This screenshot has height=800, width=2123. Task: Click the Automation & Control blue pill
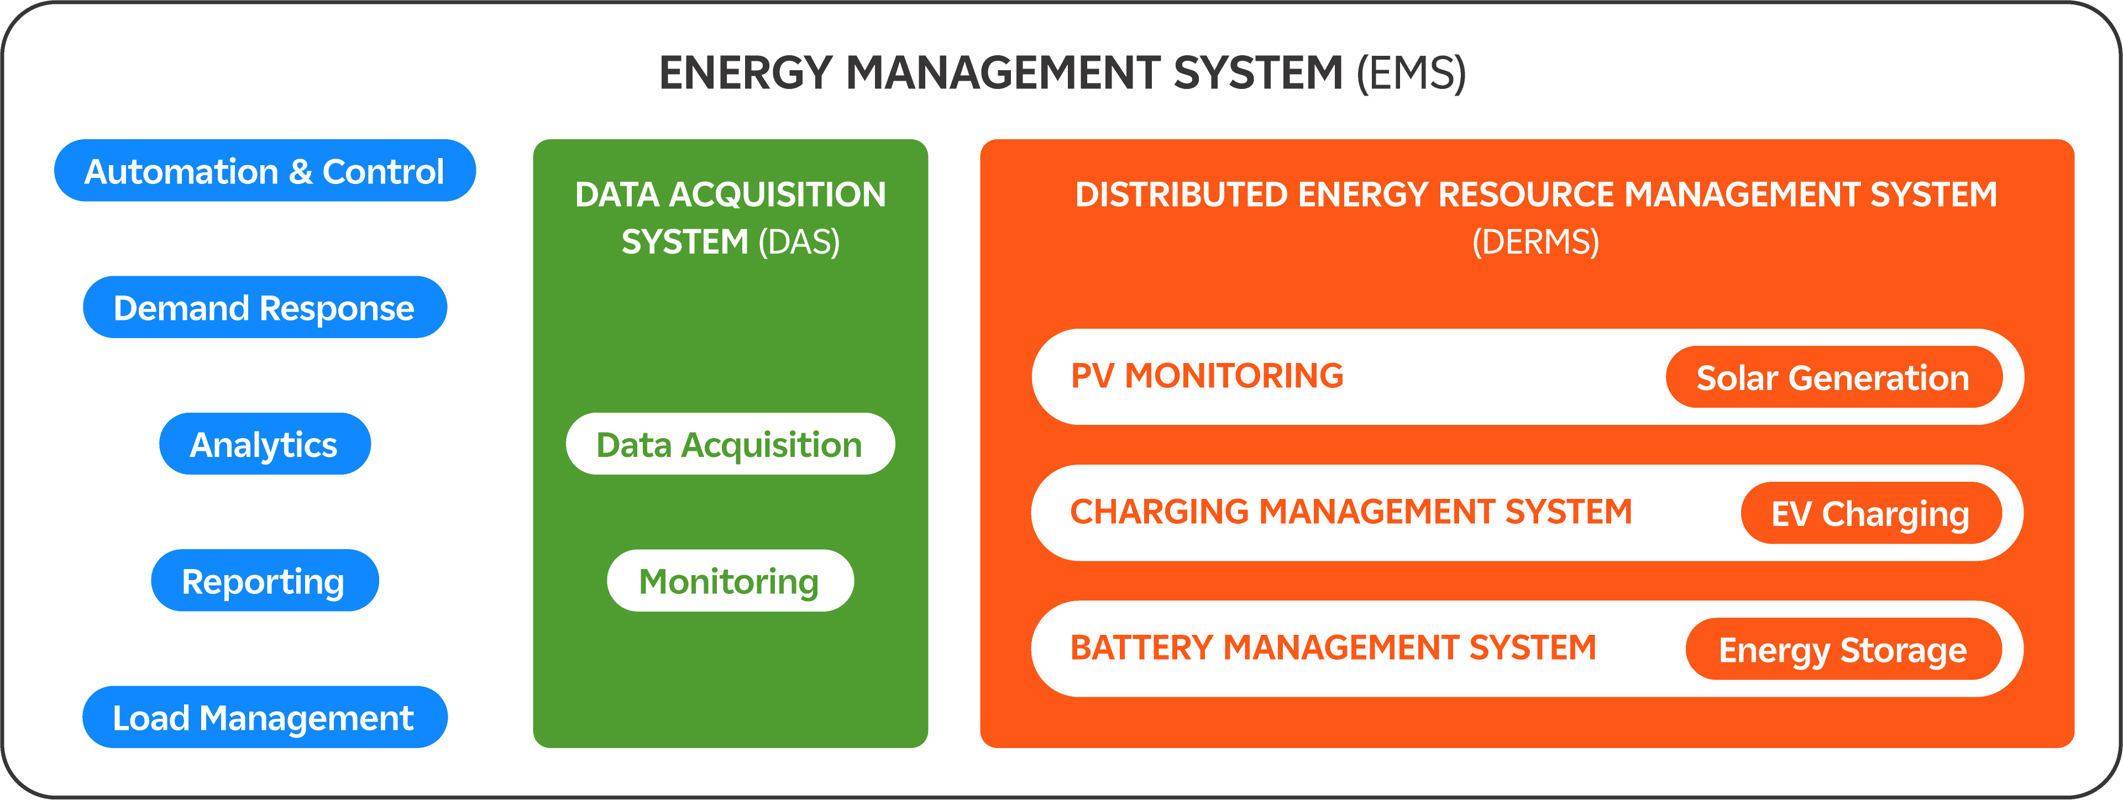pyautogui.click(x=265, y=171)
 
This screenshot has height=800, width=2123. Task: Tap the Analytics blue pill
pyautogui.click(x=265, y=445)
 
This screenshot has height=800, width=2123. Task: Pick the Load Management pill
pyautogui.click(x=265, y=718)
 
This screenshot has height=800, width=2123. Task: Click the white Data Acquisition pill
pyautogui.click(x=730, y=445)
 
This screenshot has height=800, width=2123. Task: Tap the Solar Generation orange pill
pyautogui.click(x=1833, y=378)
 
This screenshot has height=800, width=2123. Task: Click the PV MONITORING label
pyautogui.click(x=1207, y=376)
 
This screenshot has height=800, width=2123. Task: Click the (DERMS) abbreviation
pyautogui.click(x=1535, y=242)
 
